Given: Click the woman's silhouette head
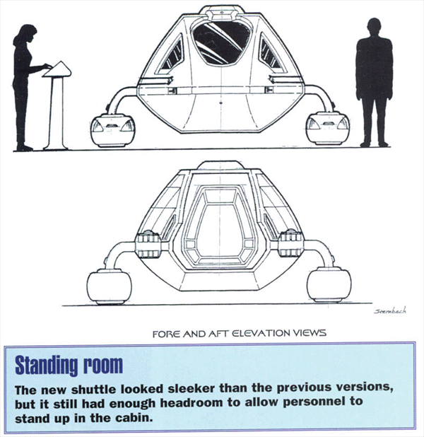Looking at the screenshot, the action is tap(25, 34).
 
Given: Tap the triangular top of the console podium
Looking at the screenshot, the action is tap(57, 69).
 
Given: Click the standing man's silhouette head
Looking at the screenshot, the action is tap(375, 28).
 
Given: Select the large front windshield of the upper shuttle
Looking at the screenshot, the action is tap(221, 42).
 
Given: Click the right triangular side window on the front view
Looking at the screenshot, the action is tap(270, 54).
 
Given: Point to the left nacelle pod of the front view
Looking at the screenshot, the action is tap(113, 130).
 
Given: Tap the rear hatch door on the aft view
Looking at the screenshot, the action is tap(220, 225).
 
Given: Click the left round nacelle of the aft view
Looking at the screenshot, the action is tap(110, 286).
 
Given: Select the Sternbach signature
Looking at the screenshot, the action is tap(390, 310).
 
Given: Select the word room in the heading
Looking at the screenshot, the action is tap(103, 366).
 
